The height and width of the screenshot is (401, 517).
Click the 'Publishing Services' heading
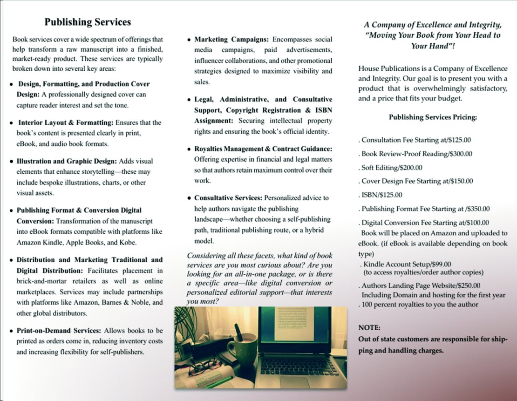(88, 22)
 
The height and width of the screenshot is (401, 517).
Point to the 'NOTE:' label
(369, 327)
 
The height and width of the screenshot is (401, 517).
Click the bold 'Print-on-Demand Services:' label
(59, 331)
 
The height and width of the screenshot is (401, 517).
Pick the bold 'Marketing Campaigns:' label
(231, 39)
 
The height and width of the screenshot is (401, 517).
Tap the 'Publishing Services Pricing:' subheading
(433, 117)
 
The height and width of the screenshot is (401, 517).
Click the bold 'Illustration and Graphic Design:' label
(67, 161)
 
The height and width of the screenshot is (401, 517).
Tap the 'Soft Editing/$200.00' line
(392, 168)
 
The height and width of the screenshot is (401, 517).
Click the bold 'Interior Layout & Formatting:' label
(66, 122)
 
